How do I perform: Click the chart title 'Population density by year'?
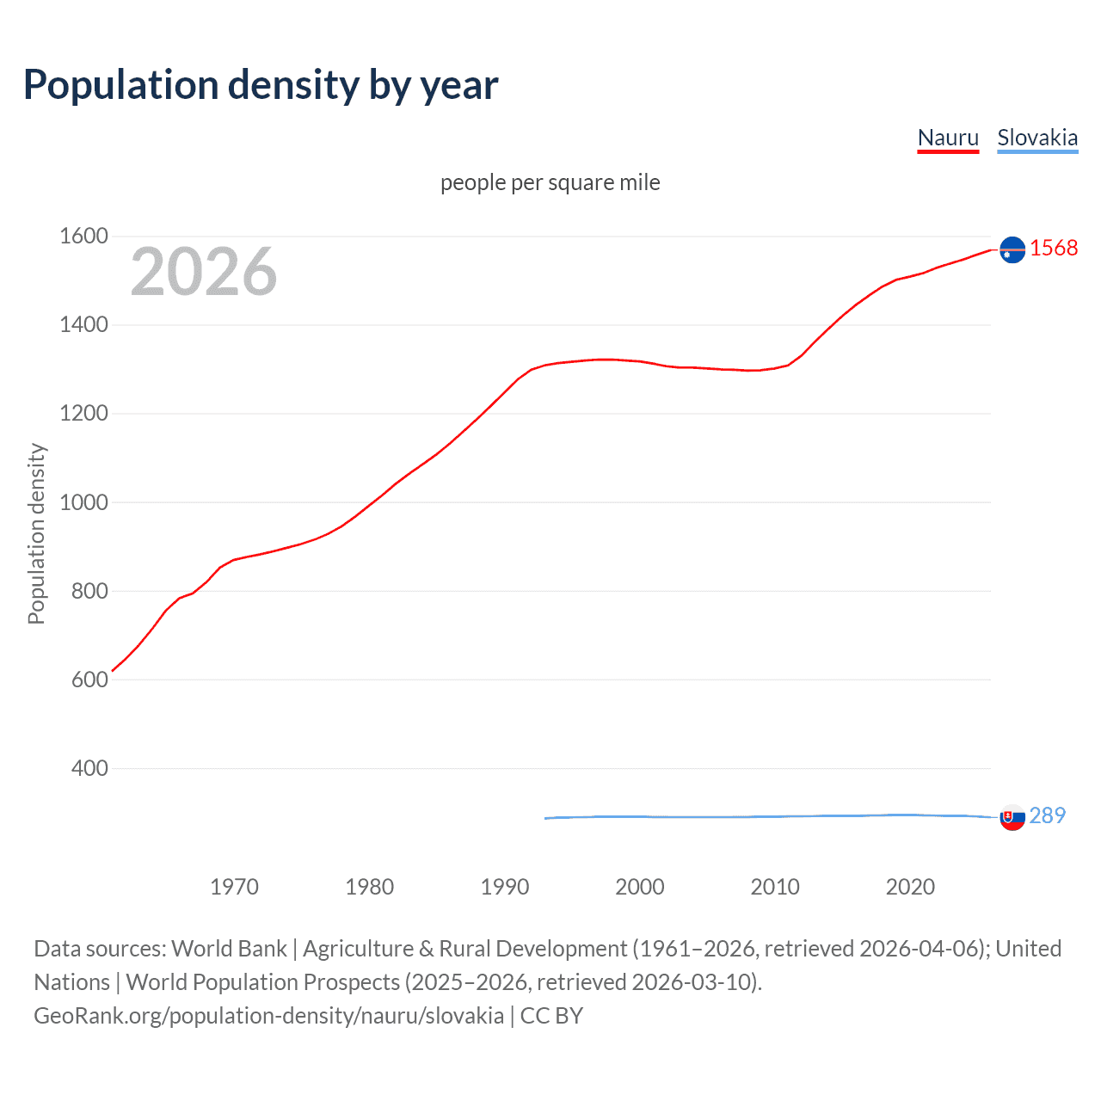point(261,85)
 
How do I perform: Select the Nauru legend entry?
point(948,138)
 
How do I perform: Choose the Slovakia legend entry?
point(1037,138)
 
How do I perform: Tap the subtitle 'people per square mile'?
point(550,182)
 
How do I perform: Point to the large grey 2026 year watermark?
point(204,272)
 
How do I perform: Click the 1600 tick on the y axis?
point(83,236)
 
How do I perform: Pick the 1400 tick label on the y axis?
point(83,324)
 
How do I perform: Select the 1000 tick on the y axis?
point(83,502)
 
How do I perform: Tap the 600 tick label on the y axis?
point(89,680)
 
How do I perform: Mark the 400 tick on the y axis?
point(89,768)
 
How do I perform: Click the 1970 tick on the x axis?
point(234,887)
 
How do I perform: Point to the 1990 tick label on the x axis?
point(505,887)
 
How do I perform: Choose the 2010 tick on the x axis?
point(775,887)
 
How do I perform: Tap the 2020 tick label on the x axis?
point(910,887)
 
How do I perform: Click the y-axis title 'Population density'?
point(36,533)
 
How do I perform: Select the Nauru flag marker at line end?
point(1012,249)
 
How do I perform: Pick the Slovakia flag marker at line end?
point(1012,817)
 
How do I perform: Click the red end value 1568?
point(1054,249)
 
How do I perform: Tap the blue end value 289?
point(1047,815)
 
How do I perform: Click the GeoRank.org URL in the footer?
point(268,1016)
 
